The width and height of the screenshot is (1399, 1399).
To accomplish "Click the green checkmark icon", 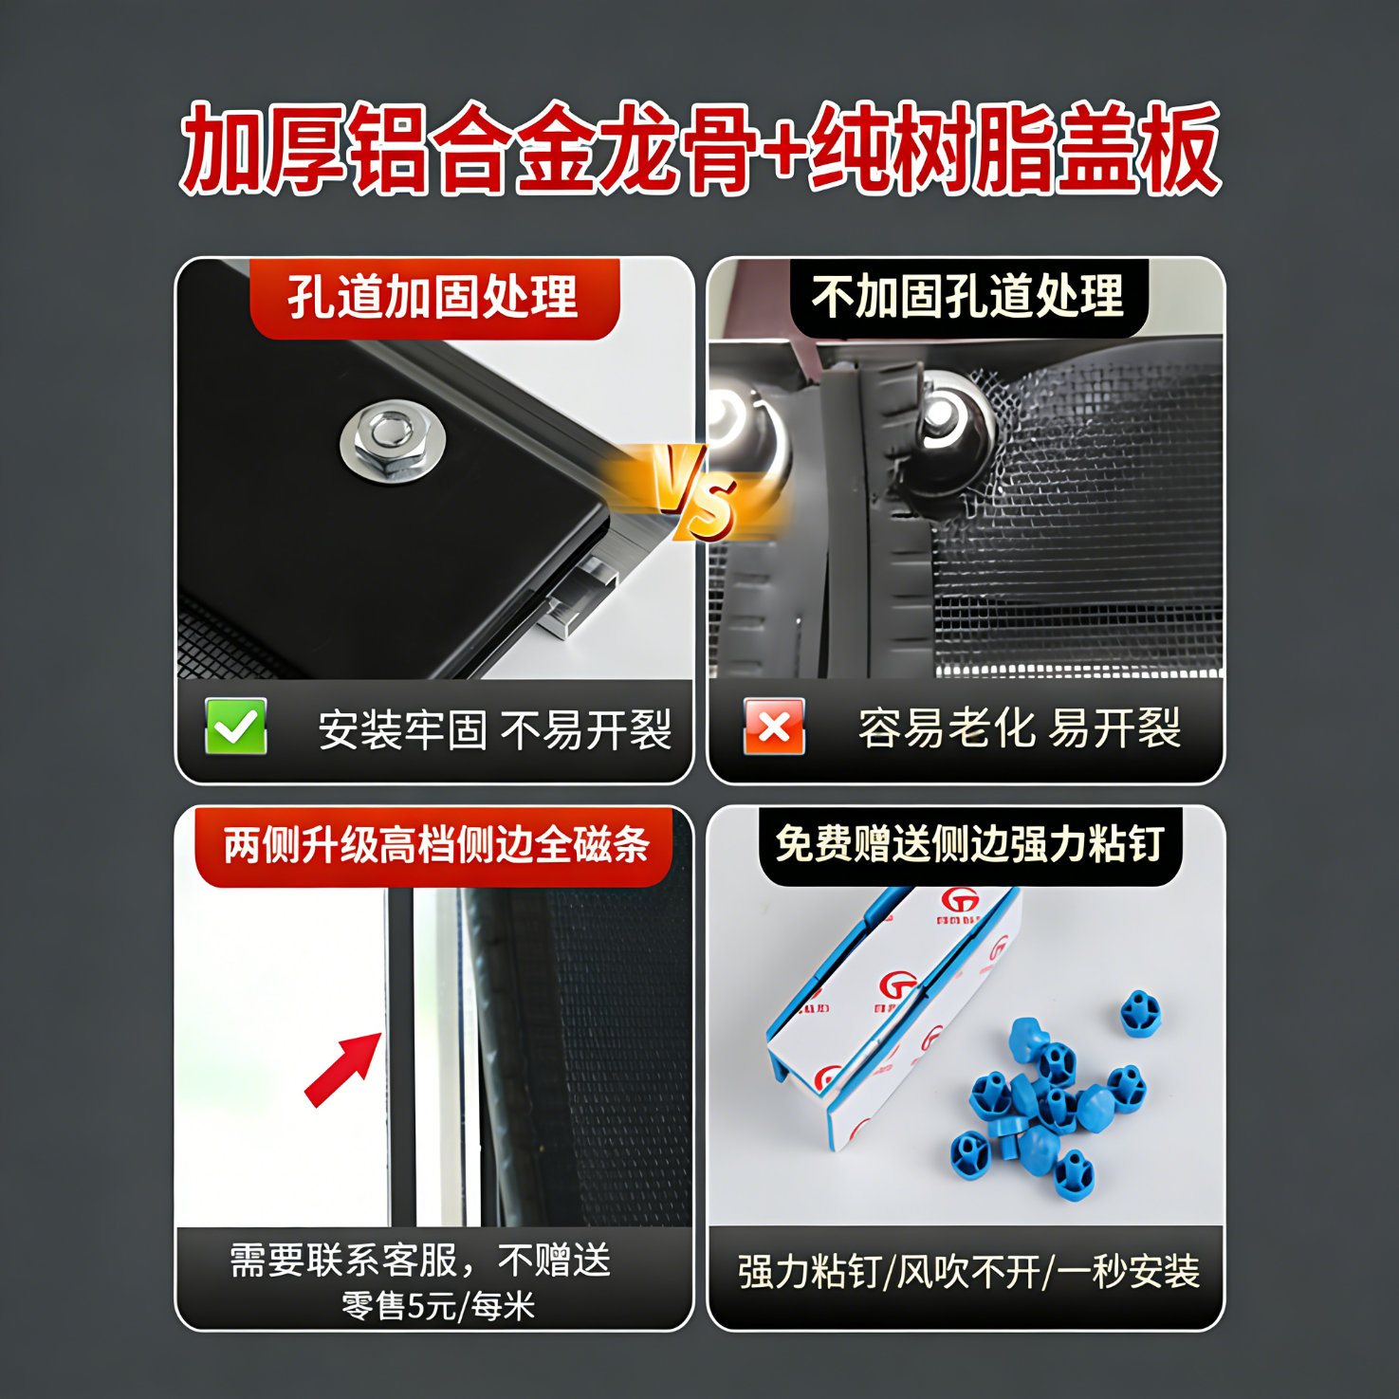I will (x=235, y=727).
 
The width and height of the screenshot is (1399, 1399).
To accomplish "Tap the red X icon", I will (x=774, y=727).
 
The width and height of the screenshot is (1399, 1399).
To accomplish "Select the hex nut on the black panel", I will (x=392, y=440).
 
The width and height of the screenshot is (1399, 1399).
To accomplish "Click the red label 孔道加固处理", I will (x=433, y=298).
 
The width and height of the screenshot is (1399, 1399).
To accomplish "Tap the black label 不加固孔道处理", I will (x=967, y=296).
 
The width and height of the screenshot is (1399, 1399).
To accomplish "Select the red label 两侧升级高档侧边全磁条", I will (x=434, y=845).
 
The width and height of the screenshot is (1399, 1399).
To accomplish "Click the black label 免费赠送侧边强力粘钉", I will (x=969, y=844).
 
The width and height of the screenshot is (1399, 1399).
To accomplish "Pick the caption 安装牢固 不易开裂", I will (x=494, y=729).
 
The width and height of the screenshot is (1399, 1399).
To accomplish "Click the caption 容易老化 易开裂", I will (x=1020, y=728).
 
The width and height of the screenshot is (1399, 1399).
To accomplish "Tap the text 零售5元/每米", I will (x=438, y=1306).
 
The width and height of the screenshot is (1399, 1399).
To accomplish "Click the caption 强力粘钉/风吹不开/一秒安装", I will (x=968, y=1272).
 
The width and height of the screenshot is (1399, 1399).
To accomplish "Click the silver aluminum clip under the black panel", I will (x=579, y=598).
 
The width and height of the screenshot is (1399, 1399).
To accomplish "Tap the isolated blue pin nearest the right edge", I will (x=1140, y=1013).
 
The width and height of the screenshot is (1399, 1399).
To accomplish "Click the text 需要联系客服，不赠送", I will (x=421, y=1261).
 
